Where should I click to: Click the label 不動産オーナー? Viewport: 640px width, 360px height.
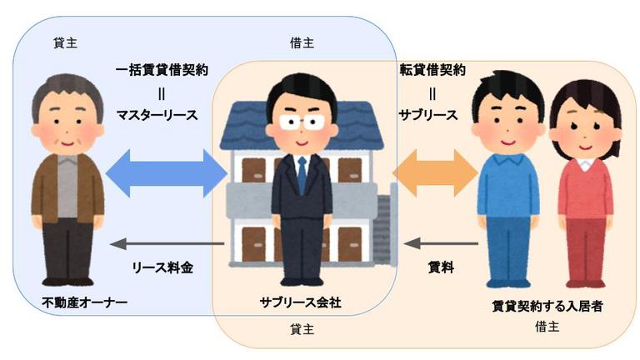tap(83, 302)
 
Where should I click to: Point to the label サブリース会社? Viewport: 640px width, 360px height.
tap(299, 302)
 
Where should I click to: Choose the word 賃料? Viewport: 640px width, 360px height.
tap(440, 267)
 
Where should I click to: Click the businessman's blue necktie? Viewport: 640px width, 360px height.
tap(302, 174)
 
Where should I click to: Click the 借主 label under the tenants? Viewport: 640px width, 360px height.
tap(547, 327)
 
